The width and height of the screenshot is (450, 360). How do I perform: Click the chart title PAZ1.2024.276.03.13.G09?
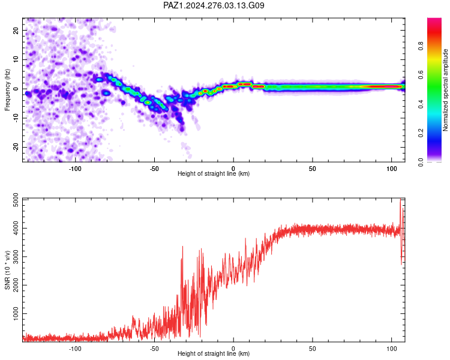[x=214, y=5]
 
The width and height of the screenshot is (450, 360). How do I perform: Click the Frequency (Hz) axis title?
[x=7, y=90]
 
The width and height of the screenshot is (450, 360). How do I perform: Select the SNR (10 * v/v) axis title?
[x=7, y=270]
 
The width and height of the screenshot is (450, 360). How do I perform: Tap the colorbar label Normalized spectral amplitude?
[x=445, y=90]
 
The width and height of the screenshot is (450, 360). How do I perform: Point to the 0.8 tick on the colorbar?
[x=421, y=46]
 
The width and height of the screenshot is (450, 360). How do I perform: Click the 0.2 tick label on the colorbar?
[x=421, y=133]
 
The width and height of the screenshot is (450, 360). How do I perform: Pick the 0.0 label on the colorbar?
[x=421, y=162]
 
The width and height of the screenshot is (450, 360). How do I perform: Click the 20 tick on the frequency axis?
[x=16, y=30]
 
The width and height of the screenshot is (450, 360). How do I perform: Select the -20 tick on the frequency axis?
[x=16, y=147]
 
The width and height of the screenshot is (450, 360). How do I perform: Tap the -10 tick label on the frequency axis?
[x=16, y=118]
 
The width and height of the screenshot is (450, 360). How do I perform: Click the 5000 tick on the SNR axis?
[x=16, y=200]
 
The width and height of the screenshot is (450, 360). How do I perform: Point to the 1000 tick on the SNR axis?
[x=16, y=313]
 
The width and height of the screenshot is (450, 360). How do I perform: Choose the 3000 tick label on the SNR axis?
[x=16, y=257]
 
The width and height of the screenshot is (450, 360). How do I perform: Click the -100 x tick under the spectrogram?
[x=75, y=169]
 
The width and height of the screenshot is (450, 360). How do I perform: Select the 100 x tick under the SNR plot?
[x=391, y=349]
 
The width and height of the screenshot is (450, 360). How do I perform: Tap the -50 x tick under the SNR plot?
[x=154, y=349]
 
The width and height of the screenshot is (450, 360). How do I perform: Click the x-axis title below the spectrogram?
[x=214, y=173]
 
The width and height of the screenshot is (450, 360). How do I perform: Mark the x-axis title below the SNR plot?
[x=214, y=353]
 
